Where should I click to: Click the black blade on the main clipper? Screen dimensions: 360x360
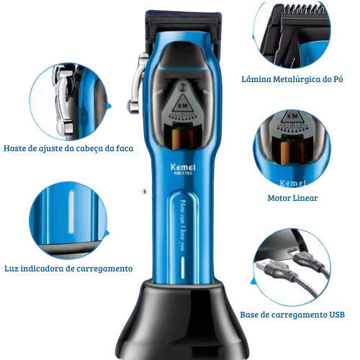coord(183,24)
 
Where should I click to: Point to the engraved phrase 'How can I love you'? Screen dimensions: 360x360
coord(183,225)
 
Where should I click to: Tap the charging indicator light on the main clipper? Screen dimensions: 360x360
coord(183,268)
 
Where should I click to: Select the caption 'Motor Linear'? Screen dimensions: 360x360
coord(292,198)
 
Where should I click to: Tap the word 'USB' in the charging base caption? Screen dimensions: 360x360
coord(337,315)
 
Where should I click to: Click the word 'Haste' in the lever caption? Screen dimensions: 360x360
coord(14,148)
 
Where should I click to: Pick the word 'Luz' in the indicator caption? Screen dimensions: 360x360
coord(12,269)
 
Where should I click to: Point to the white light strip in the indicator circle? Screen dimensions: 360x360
coord(71,212)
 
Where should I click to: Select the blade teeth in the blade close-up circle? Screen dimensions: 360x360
coord(304,10)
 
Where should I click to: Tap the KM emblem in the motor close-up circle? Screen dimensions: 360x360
coord(292,117)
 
